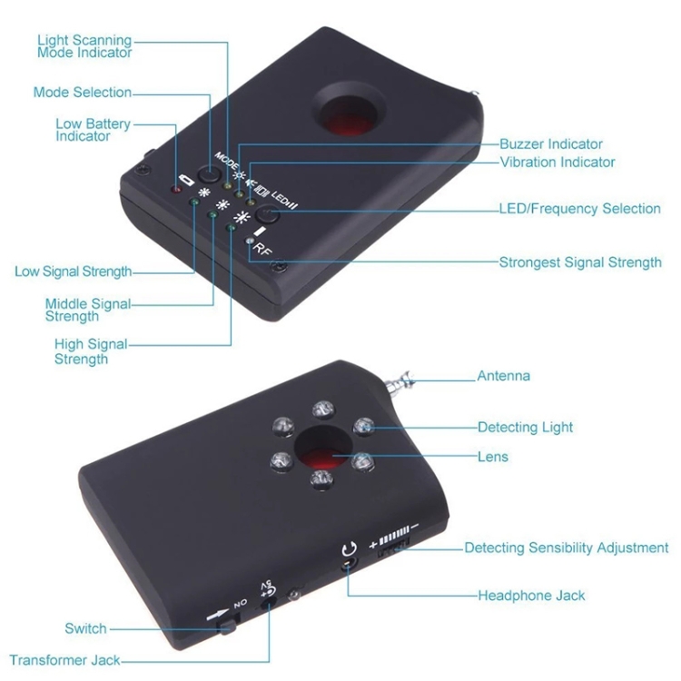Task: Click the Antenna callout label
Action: [x=504, y=376]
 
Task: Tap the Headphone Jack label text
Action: [x=531, y=596]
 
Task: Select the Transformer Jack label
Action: [x=64, y=661]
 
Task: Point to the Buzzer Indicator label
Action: [x=551, y=143]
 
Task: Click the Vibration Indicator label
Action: [x=558, y=163]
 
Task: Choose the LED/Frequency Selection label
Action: [x=579, y=209]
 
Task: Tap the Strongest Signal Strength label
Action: [x=580, y=262]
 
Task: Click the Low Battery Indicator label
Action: [x=93, y=130]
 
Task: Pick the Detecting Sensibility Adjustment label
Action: [x=566, y=548]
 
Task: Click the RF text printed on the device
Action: [x=262, y=249]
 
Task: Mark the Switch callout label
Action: [x=85, y=628]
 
